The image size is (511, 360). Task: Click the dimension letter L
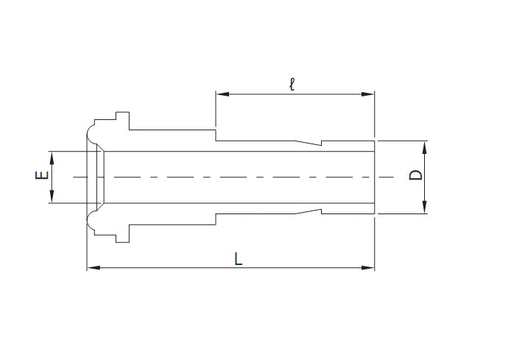point(237,259)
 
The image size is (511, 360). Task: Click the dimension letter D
point(416,175)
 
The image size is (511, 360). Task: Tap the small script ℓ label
point(292,85)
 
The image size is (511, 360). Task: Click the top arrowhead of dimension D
point(426,144)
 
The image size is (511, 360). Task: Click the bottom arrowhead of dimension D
point(426,209)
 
